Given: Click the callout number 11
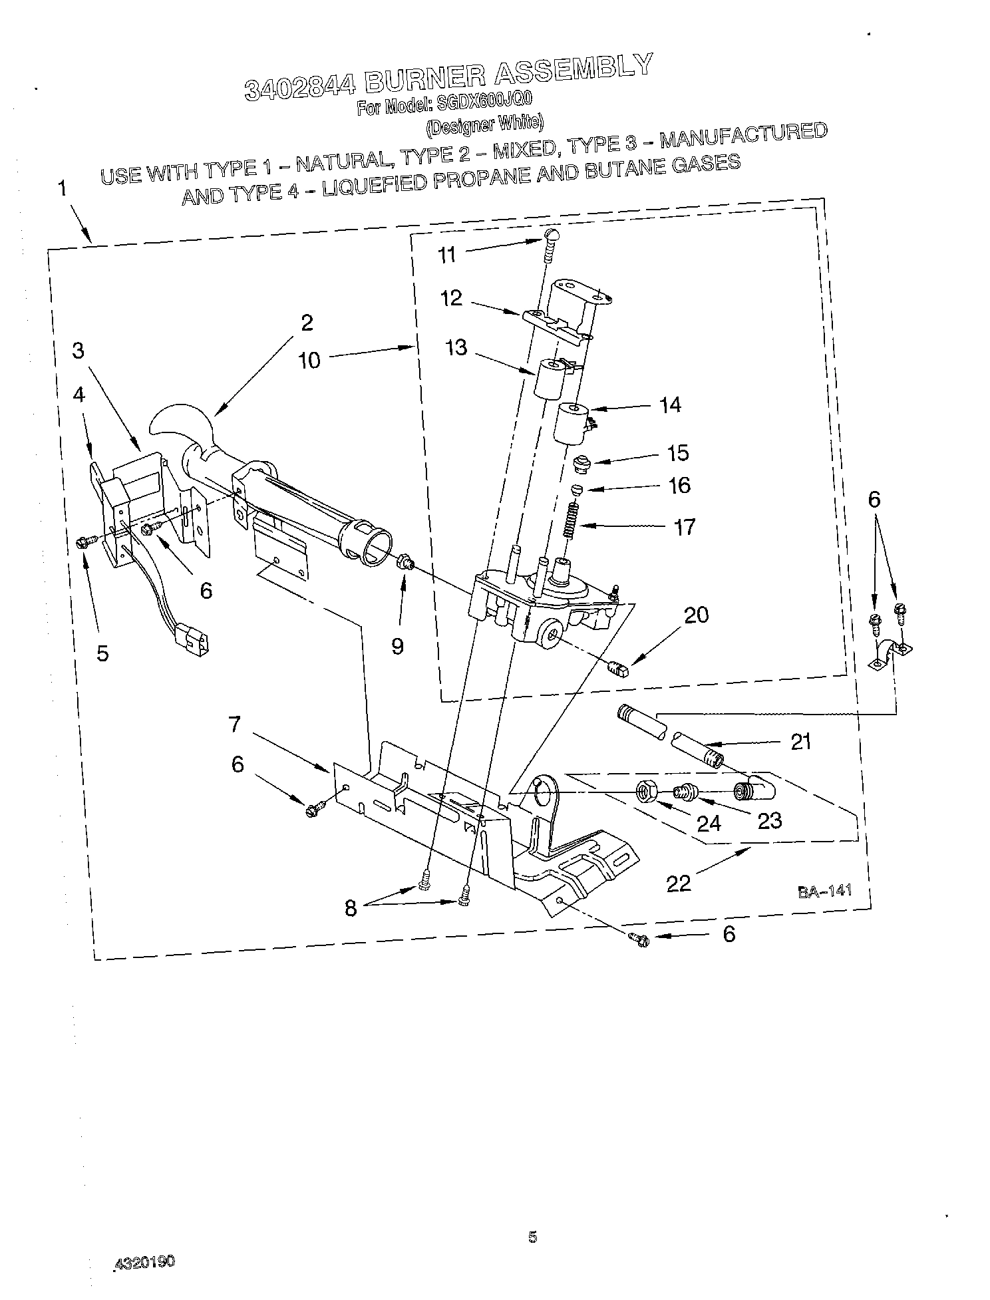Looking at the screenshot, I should [x=447, y=255].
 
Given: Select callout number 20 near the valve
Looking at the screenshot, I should [x=696, y=615].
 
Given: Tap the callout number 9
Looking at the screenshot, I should [x=397, y=646].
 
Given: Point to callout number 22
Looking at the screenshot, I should [x=678, y=883].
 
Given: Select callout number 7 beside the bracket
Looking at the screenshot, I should [x=234, y=724].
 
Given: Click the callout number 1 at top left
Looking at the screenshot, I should [x=62, y=190].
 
